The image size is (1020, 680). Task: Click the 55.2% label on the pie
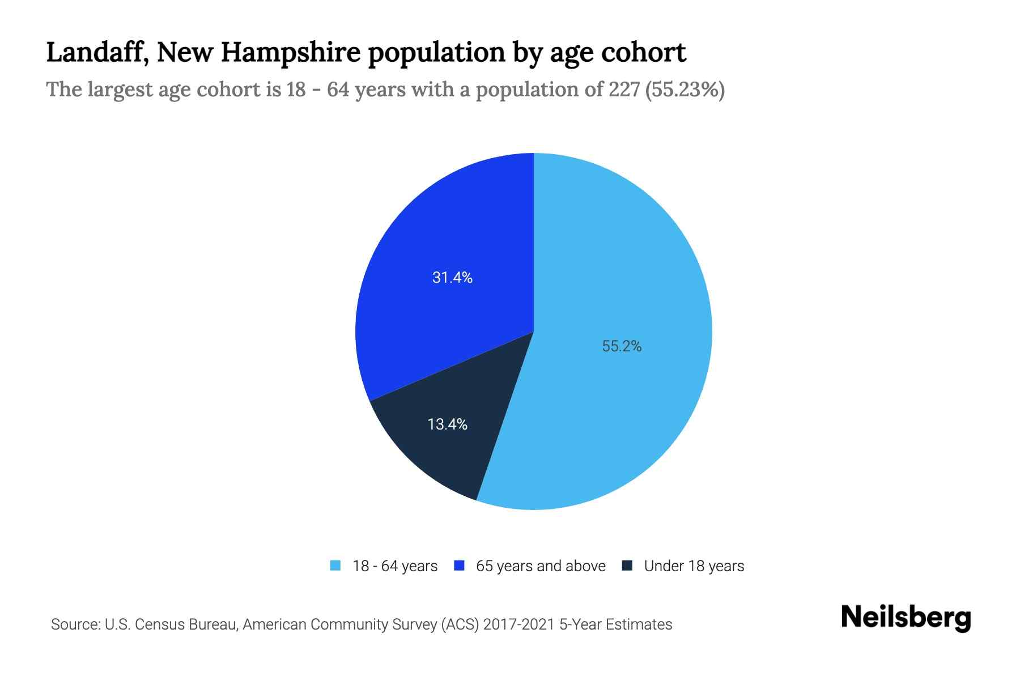click(622, 346)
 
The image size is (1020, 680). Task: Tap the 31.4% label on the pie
click(452, 278)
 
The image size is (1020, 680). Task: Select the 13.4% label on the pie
click(447, 424)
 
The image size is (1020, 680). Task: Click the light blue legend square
click(335, 566)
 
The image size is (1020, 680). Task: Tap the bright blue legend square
click(460, 566)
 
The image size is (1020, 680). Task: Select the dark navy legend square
click(627, 566)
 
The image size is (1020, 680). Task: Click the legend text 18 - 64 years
click(395, 566)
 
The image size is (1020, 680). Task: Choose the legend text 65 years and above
click(541, 566)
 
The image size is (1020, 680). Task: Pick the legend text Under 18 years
click(694, 566)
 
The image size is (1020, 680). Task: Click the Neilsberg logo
click(906, 618)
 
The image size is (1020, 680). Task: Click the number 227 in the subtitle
click(624, 90)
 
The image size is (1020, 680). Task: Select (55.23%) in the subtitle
click(685, 90)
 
